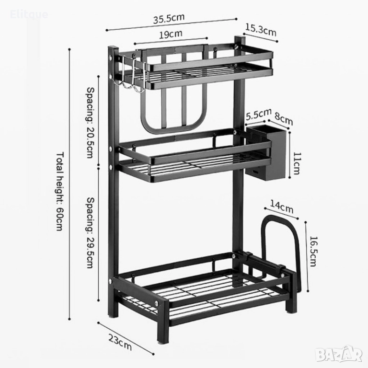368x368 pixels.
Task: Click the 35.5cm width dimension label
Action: pyautogui.click(x=169, y=20)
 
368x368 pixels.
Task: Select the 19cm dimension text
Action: pyautogui.click(x=171, y=34)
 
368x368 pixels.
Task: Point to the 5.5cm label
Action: pyautogui.click(x=255, y=115)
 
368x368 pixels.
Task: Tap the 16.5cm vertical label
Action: pyautogui.click(x=313, y=252)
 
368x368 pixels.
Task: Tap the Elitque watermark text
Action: pyautogui.click(x=29, y=14)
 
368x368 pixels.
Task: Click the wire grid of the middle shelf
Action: pyautogui.click(x=192, y=165)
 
